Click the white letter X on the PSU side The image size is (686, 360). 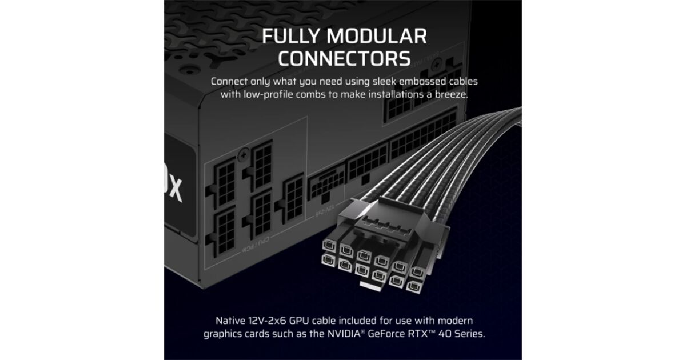[x=174, y=190]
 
